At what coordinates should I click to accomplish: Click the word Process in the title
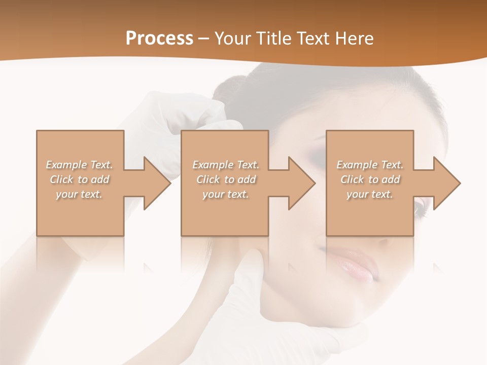click(x=159, y=38)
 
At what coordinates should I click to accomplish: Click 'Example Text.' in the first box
click(x=80, y=165)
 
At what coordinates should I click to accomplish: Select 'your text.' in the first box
click(x=80, y=194)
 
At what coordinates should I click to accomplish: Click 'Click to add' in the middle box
click(x=226, y=179)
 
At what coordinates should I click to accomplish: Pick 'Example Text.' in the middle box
click(x=226, y=165)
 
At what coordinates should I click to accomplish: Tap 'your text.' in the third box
click(x=370, y=194)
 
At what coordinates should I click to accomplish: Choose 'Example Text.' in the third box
click(x=370, y=165)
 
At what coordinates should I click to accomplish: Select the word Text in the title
click(x=312, y=38)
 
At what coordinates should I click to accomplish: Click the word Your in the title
click(x=234, y=38)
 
